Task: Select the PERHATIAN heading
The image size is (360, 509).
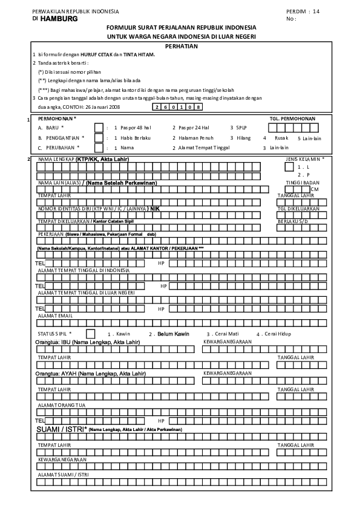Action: click(x=181, y=45)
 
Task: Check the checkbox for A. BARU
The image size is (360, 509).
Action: click(x=99, y=128)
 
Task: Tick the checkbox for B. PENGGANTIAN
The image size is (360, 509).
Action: click(x=99, y=137)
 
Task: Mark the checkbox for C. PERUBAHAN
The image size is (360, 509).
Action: click(x=99, y=147)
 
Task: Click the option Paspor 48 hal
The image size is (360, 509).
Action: click(x=136, y=128)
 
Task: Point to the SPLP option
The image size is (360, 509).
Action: click(x=241, y=128)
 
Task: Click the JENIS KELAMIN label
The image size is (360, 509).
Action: click(x=304, y=159)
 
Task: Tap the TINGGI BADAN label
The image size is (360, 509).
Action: click(x=303, y=182)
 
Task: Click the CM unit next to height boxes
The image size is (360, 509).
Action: click(x=314, y=189)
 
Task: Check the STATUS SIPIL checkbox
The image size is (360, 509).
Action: click(x=90, y=333)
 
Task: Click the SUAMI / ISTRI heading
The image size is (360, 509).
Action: click(x=62, y=429)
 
